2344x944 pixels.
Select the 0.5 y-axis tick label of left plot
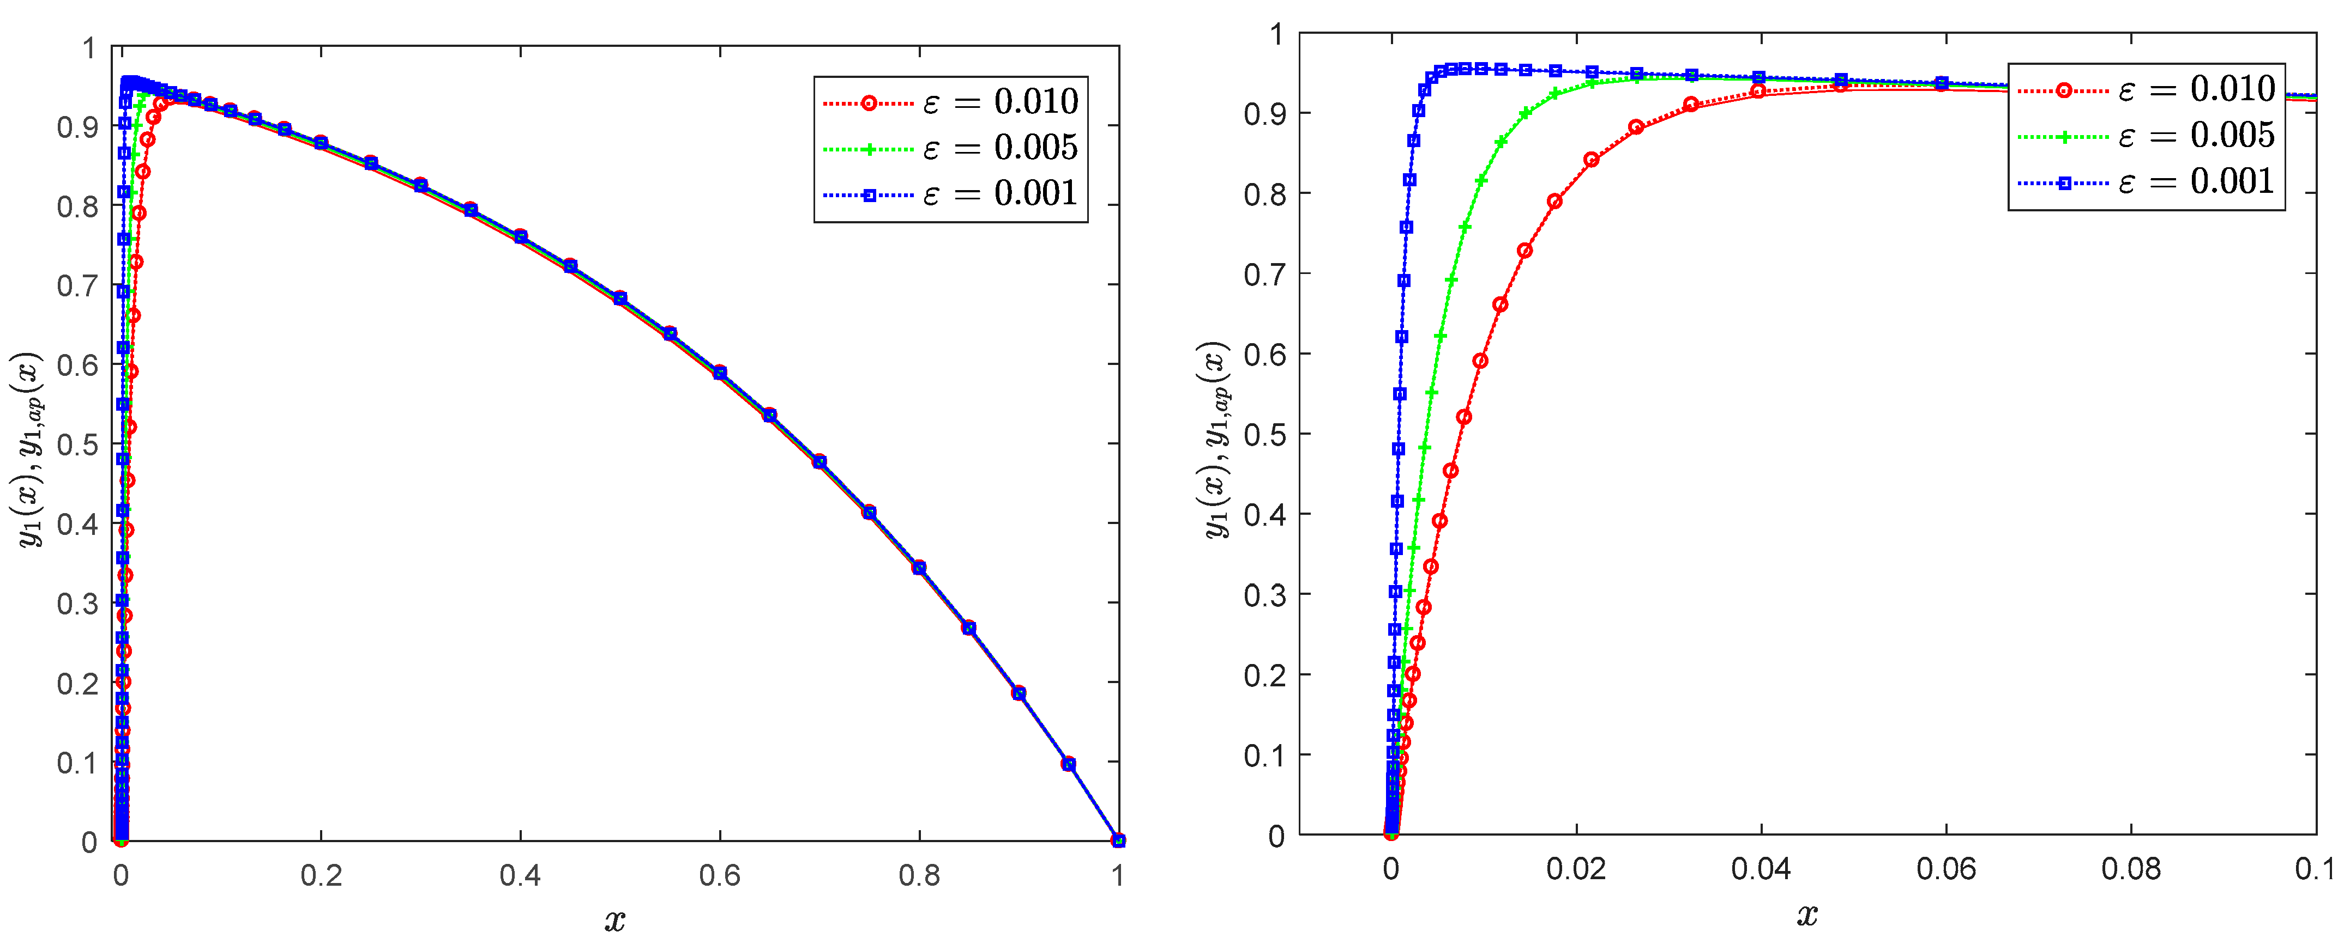[77, 444]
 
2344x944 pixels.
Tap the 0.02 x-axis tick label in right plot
[1575, 868]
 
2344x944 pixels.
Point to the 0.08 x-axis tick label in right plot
[2130, 868]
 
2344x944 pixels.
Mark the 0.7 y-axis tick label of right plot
[1265, 274]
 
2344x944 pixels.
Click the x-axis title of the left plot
[615, 921]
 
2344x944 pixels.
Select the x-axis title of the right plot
[1807, 914]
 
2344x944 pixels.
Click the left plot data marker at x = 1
[1118, 841]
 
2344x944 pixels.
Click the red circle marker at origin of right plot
[1390, 832]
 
